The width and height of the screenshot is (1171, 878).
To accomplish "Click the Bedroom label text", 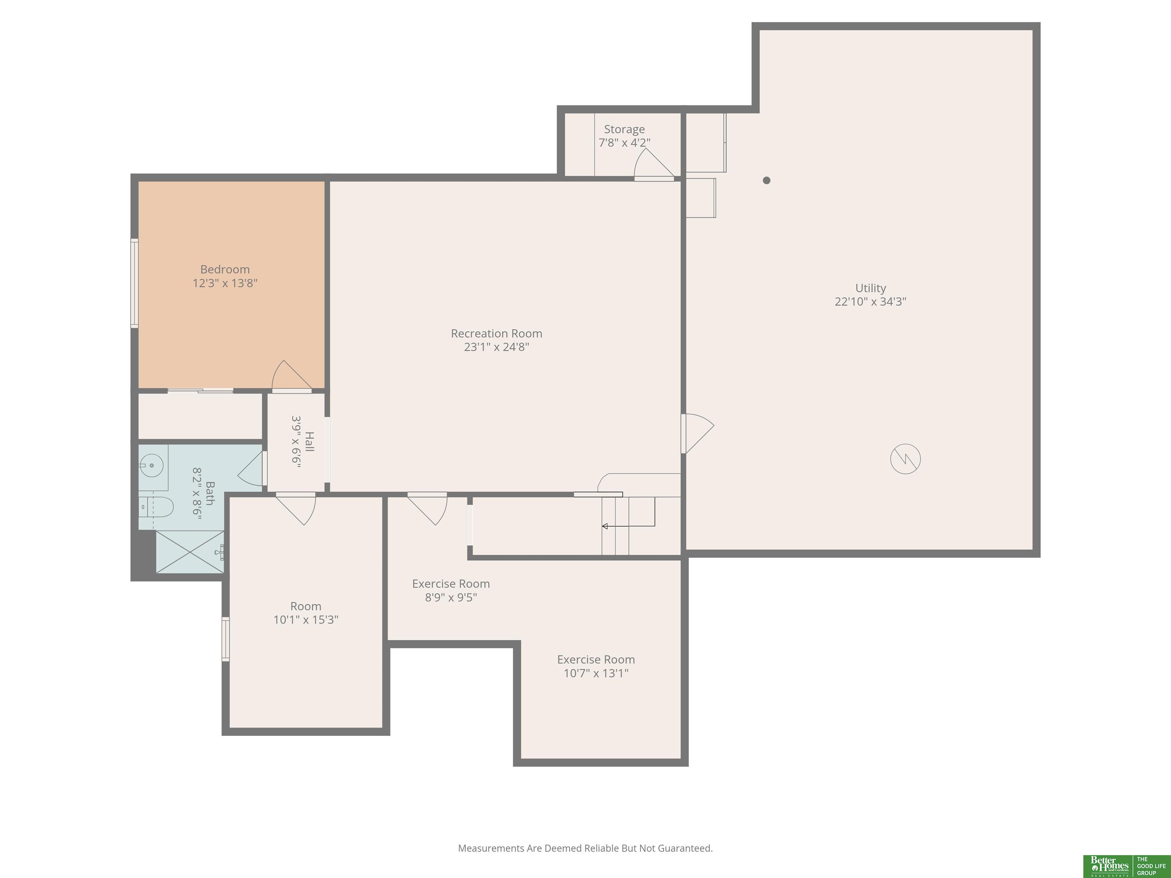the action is point(225,269).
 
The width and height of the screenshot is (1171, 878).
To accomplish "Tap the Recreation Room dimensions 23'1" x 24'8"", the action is point(497,347).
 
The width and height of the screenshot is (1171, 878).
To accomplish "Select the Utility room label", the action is point(870,288).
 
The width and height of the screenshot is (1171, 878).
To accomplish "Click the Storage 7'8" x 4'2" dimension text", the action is point(625,143).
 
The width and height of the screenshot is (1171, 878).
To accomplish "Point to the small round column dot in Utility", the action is point(767,181).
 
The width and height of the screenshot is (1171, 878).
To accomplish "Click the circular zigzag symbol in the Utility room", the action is point(905,459).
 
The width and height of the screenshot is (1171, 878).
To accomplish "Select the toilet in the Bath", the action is point(156,507).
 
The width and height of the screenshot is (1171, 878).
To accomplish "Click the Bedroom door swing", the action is point(292,376).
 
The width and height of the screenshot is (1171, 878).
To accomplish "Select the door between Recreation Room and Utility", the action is point(697,433).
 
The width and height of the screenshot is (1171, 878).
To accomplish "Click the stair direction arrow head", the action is point(605,526).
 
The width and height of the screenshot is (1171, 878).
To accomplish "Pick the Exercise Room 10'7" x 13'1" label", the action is point(596,666).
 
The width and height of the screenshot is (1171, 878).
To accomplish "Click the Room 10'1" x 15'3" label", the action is point(306,613).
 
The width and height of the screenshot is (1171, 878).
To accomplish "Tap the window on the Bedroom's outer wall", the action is point(135,283).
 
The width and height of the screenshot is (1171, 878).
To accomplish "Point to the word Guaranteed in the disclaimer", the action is point(685,848).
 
